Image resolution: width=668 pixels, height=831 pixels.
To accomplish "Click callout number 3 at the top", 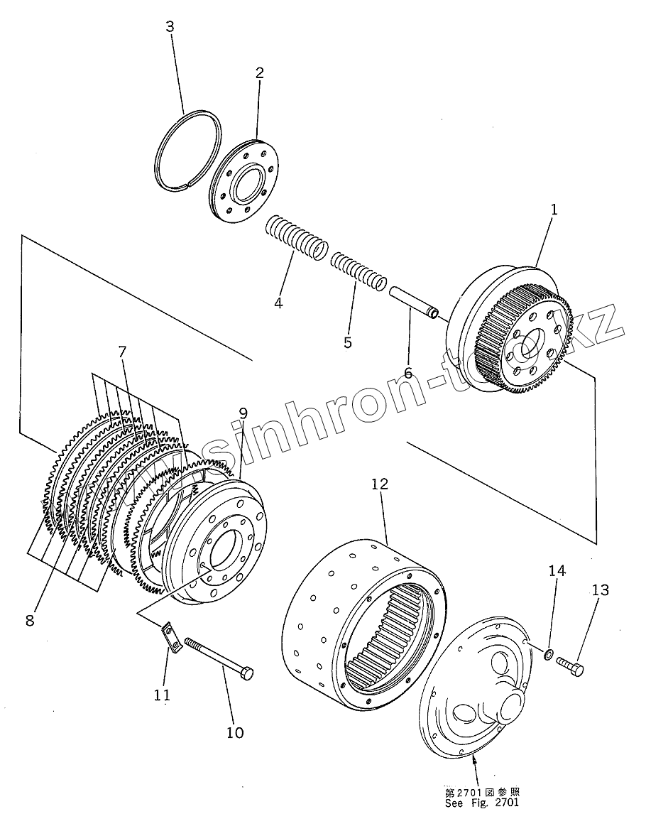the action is click(x=169, y=27).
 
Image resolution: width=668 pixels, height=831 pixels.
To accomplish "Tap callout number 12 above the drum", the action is click(x=380, y=484).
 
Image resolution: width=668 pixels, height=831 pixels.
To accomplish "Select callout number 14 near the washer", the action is click(x=557, y=570).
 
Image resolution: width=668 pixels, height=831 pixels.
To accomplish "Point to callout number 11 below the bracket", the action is click(x=163, y=695).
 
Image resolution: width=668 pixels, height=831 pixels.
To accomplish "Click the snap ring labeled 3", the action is click(x=188, y=151).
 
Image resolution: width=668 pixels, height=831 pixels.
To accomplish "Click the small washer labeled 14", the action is click(x=549, y=652).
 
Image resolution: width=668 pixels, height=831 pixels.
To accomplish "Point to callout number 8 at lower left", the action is click(x=30, y=619).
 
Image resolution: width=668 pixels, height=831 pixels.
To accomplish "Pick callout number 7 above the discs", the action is click(x=121, y=351).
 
